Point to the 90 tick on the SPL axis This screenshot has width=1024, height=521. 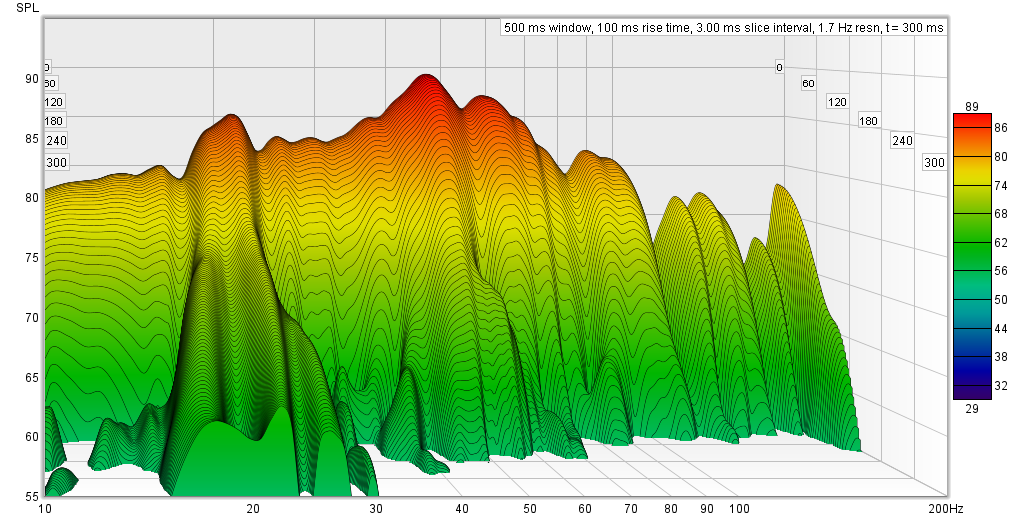click(32, 79)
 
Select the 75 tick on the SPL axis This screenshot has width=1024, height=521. click(32, 258)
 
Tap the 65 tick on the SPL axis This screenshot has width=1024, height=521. click(32, 377)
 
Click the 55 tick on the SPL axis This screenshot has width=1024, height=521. click(32, 496)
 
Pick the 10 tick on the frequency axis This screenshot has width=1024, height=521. click(45, 509)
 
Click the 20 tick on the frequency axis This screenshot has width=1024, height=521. click(253, 509)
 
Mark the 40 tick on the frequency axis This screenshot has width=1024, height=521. click(461, 509)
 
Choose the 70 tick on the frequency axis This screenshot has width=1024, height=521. click(631, 509)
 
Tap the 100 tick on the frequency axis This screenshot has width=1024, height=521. click(739, 509)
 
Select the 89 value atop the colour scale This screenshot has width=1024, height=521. click(971, 107)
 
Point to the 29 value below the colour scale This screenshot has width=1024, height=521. click(971, 407)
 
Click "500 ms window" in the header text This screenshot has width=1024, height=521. click(546, 28)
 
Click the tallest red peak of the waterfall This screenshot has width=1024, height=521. click(427, 77)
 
